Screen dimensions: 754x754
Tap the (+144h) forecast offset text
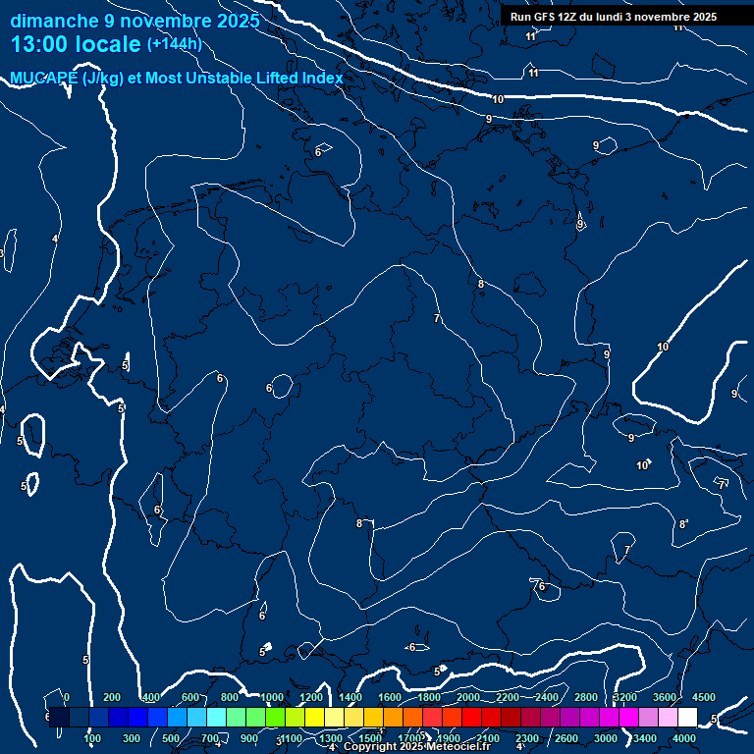[x=175, y=44]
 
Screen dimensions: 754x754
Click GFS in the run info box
[x=545, y=17]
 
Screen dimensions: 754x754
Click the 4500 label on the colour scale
[x=703, y=697]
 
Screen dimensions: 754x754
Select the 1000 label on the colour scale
[x=272, y=697]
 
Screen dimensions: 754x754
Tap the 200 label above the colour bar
[x=112, y=697]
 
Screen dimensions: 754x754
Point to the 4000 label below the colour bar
[x=685, y=738]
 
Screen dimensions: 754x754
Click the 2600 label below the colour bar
[x=567, y=738]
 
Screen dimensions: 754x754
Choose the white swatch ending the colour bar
[x=687, y=718]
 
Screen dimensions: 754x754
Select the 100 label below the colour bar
[x=93, y=738]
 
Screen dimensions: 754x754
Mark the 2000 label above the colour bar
[x=468, y=697]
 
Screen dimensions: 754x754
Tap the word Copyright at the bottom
[x=370, y=747]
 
